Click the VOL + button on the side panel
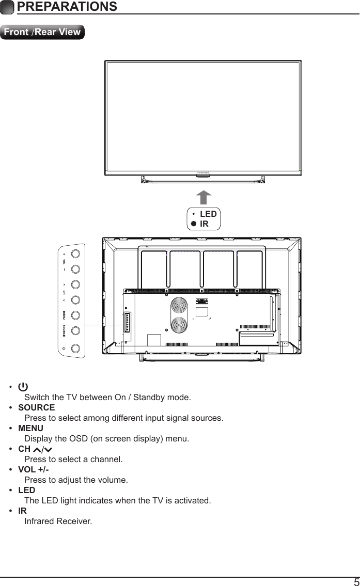(75, 254)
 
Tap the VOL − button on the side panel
(75, 269)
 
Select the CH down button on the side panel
(75, 300)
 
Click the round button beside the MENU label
(75, 315)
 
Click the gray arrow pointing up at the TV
(204, 198)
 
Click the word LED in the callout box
(208, 214)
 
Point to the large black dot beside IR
(193, 224)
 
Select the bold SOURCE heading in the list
(36, 407)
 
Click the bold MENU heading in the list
(30, 428)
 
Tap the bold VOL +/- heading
(34, 470)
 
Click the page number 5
(356, 582)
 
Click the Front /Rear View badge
(42, 32)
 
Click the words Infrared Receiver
(58, 521)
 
